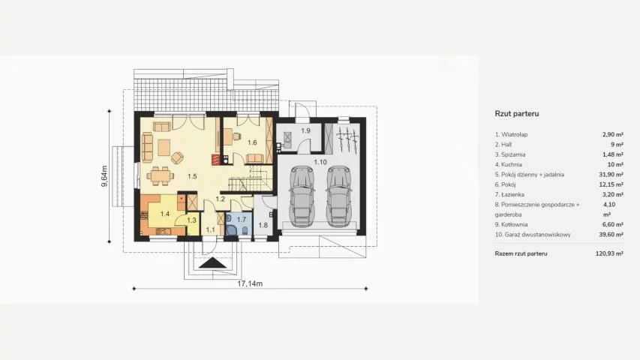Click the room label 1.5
(x=192, y=176)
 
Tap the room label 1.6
(x=252, y=142)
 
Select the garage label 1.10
(x=320, y=162)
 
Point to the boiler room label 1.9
(x=305, y=130)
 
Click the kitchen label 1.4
(x=165, y=214)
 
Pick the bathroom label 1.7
(x=242, y=220)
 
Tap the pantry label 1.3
(x=191, y=220)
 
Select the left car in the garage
(x=302, y=196)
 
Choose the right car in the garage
(x=339, y=196)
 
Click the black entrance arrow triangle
(x=212, y=263)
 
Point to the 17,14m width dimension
(x=250, y=283)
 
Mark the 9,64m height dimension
(x=104, y=176)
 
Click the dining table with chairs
(x=160, y=176)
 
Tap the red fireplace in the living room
(x=215, y=159)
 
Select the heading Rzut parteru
(x=517, y=113)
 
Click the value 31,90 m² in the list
(x=611, y=174)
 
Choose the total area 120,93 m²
(x=609, y=253)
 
